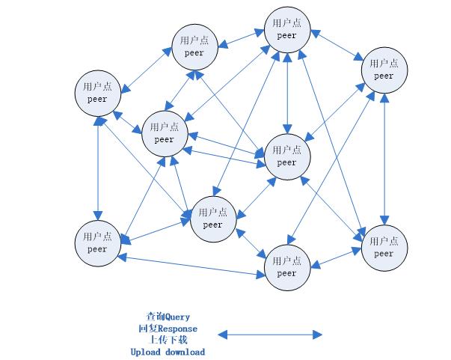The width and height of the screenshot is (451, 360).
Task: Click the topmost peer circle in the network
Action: point(286,29)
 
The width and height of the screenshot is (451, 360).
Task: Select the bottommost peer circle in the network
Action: point(286,267)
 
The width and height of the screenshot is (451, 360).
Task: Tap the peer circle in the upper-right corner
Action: point(384,70)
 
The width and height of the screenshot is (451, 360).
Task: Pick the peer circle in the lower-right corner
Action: point(384,247)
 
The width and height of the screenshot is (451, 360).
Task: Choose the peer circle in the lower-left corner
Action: point(97,242)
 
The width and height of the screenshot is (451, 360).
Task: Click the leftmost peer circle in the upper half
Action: point(97,93)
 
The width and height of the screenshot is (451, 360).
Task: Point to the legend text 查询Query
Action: point(168,317)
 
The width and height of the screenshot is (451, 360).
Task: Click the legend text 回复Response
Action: point(168,329)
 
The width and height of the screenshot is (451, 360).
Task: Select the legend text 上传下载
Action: point(168,340)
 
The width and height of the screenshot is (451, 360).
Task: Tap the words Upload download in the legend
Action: point(168,352)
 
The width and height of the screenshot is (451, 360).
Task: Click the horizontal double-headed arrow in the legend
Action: point(269,334)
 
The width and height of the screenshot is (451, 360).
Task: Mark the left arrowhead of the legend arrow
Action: point(221,334)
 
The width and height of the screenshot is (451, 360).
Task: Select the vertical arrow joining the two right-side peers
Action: point(384,158)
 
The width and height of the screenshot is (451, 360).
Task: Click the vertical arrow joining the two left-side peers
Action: point(97,168)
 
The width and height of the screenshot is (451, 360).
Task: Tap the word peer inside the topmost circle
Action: point(286,35)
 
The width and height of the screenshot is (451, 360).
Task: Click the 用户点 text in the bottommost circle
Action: point(286,261)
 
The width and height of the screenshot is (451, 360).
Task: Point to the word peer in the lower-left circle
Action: point(97,249)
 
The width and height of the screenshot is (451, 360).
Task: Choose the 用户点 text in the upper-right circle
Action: point(384,64)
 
